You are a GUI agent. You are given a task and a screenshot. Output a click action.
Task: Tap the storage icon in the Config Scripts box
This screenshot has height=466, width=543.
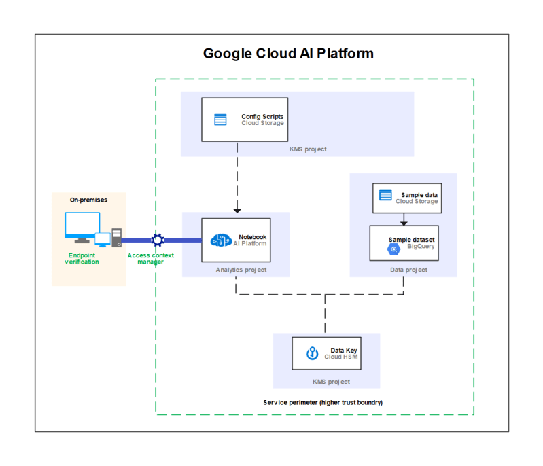pos(220,120)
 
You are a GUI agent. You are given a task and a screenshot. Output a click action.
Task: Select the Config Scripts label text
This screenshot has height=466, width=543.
pos(262,117)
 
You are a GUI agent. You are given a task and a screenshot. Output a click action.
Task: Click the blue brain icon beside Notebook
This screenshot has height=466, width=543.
pos(221,240)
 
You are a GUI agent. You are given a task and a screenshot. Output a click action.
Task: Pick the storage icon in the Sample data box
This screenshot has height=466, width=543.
pos(385,195)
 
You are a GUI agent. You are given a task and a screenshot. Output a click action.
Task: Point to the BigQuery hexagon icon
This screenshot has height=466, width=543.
pos(393,249)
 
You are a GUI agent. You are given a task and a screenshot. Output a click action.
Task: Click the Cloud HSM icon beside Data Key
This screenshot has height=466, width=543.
pos(313,353)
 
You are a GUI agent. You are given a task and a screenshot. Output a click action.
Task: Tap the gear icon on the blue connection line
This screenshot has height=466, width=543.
pos(158,240)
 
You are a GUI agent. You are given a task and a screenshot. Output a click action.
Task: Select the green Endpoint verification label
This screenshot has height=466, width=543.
pos(82,259)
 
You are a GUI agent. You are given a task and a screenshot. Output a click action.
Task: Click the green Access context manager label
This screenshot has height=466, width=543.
pos(151,259)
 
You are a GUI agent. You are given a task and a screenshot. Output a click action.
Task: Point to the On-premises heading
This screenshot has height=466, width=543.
pos(88,200)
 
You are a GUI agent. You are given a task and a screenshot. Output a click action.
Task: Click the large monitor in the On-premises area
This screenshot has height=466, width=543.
pos(82,227)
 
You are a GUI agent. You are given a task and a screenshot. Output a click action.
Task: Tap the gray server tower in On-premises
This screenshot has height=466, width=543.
pos(117,238)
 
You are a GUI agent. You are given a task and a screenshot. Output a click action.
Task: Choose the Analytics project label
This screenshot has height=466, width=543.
pos(241,270)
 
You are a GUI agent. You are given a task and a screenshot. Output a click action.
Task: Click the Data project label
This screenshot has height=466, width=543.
pos(408,270)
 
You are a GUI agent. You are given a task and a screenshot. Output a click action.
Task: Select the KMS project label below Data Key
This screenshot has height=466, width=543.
pos(331,382)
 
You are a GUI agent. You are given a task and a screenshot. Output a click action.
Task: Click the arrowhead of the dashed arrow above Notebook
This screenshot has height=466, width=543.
pos(237,211)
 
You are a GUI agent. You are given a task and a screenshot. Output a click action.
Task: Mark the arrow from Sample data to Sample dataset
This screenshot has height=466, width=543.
pos(404,219)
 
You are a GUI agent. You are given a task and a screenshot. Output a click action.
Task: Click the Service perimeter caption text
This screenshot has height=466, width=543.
pos(323,402)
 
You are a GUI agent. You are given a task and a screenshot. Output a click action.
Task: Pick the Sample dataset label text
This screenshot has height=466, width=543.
pos(411,240)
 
